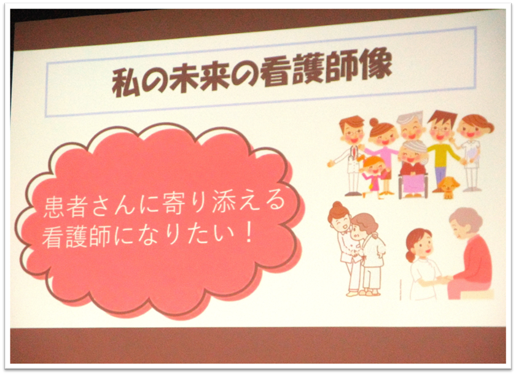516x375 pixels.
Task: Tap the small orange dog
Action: (448, 187)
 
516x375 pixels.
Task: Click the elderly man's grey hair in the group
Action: (410, 118)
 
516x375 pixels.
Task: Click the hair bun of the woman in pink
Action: (373, 122)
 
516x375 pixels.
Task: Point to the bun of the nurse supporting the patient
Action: (337, 206)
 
